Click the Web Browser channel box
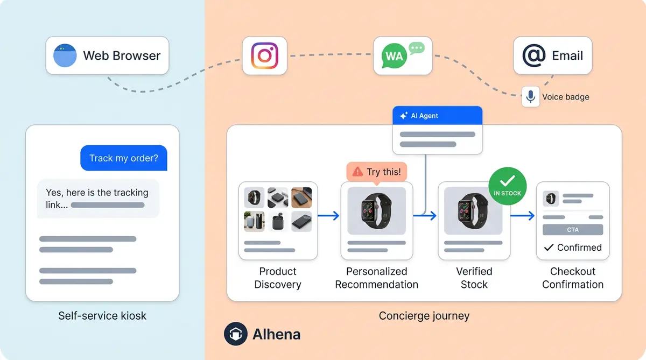click(x=107, y=55)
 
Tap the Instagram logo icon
click(x=264, y=55)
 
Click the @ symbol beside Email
click(x=533, y=55)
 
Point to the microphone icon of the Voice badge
click(x=530, y=97)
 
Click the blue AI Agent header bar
click(x=437, y=116)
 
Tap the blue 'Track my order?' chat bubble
click(x=124, y=158)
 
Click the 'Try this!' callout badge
click(x=377, y=172)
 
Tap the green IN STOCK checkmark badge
click(x=507, y=185)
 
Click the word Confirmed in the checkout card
click(x=579, y=248)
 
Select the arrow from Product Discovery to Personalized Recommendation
click(x=328, y=216)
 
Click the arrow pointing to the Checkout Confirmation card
click(x=522, y=216)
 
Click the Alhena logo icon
click(x=235, y=334)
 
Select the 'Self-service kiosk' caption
click(x=102, y=315)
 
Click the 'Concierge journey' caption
click(x=424, y=315)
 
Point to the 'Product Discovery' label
click(x=278, y=278)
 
